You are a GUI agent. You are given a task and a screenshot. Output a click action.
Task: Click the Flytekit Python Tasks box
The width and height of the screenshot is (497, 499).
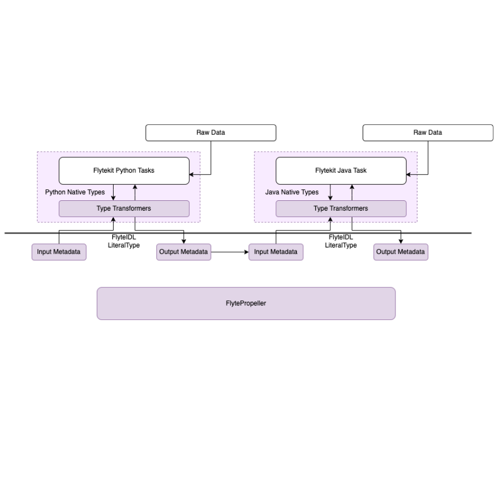124,170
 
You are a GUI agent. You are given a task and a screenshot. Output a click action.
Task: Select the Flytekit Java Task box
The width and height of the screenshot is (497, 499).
341,170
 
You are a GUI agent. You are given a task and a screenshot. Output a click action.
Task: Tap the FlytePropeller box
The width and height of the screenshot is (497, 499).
246,303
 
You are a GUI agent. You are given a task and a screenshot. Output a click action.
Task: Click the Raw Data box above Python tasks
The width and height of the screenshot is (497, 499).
210,132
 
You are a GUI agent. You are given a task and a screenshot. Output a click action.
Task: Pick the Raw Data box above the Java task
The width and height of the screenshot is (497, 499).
427,132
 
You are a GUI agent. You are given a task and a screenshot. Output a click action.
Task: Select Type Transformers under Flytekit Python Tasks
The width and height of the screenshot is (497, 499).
124,208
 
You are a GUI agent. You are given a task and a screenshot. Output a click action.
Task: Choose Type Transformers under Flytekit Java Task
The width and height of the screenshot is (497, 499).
341,208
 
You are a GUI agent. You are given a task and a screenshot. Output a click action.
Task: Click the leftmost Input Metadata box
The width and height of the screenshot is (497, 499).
59,252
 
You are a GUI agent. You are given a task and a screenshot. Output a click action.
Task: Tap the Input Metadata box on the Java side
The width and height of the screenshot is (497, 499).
276,252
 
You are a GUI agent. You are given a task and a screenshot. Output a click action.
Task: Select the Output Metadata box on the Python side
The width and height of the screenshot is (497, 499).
183,252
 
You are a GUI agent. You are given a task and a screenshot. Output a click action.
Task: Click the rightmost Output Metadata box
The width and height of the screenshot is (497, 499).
401,252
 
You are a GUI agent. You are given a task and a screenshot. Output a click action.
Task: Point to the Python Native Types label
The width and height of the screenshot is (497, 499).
75,192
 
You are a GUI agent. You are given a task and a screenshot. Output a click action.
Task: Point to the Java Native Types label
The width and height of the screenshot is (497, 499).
292,192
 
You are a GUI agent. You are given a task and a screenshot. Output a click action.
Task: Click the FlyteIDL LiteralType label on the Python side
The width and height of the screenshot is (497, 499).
124,241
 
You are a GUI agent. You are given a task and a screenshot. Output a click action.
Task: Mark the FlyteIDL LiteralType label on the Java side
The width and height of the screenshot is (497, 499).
341,241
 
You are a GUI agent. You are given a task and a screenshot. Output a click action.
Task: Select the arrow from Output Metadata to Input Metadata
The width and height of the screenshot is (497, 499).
229,252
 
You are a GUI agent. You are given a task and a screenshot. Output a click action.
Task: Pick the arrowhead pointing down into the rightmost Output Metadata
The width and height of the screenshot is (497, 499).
401,241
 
